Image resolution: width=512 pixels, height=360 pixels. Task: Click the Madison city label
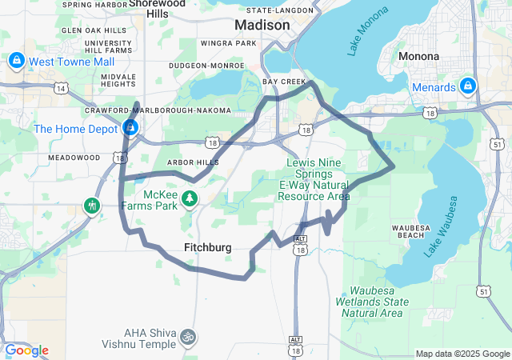(262, 26)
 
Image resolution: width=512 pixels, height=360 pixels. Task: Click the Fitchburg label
(207, 248)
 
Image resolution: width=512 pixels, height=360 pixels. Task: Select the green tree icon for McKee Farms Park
(190, 198)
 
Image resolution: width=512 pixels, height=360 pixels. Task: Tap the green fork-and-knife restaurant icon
(92, 206)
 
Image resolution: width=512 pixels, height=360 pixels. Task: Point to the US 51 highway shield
(483, 292)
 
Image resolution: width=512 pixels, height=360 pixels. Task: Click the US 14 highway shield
(62, 89)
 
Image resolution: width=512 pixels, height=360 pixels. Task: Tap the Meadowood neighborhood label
(74, 158)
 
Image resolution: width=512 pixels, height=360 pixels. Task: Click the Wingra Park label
(229, 43)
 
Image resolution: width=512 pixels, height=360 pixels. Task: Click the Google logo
(26, 350)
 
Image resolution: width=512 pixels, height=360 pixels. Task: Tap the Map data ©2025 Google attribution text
(462, 354)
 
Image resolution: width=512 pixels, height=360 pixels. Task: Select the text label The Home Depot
(75, 129)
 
